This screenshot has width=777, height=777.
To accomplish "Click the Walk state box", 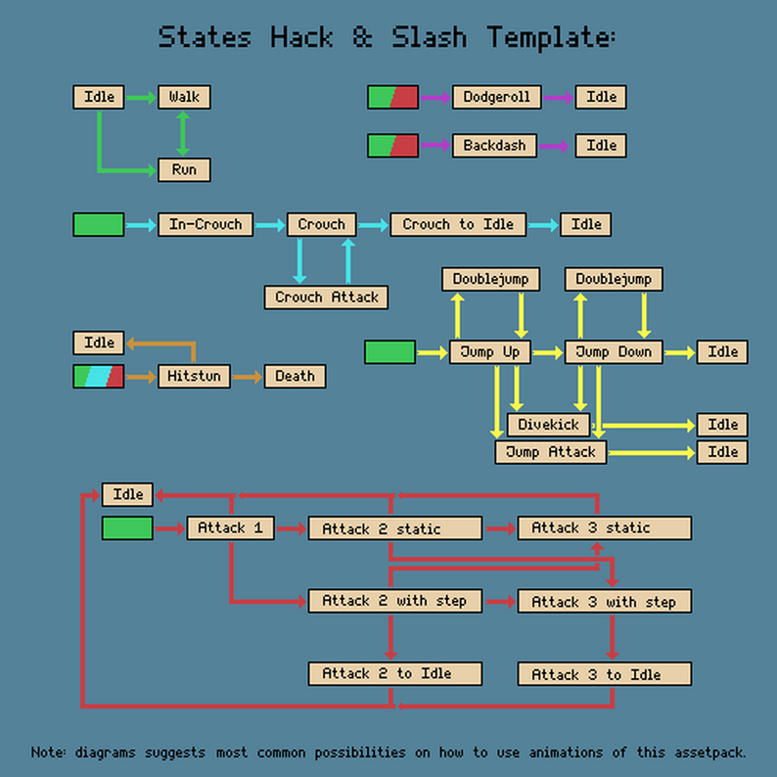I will pyautogui.click(x=184, y=97).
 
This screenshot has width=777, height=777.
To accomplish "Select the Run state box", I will pyautogui.click(x=184, y=169).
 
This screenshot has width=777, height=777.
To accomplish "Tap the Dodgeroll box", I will pyautogui.click(x=496, y=97).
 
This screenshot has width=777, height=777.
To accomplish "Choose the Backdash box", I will pyautogui.click(x=494, y=146).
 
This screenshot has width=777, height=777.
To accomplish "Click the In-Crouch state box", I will pyautogui.click(x=206, y=224).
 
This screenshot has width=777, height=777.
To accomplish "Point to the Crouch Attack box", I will pyautogui.click(x=326, y=297).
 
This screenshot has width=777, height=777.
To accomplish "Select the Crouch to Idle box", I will pyautogui.click(x=458, y=224).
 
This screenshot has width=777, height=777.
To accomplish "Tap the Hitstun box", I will pyautogui.click(x=194, y=376).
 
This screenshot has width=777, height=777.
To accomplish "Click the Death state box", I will pyautogui.click(x=295, y=376).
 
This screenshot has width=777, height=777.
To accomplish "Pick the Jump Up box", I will pyautogui.click(x=490, y=352).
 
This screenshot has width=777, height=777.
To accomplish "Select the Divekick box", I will pyautogui.click(x=548, y=425).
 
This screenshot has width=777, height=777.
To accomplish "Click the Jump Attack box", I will pyautogui.click(x=550, y=452).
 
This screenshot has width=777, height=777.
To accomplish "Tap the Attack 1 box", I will pyautogui.click(x=230, y=528).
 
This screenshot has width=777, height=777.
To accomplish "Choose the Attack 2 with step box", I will pyautogui.click(x=394, y=601).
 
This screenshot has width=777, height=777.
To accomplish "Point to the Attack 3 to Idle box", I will pyautogui.click(x=604, y=674).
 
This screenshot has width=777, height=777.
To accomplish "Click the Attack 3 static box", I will pyautogui.click(x=604, y=528).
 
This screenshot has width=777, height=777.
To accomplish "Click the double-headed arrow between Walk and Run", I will pyautogui.click(x=183, y=133).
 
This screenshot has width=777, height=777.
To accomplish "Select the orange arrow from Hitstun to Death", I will pyautogui.click(x=247, y=376).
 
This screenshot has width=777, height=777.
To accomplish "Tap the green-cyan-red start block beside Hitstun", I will pyautogui.click(x=99, y=376).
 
